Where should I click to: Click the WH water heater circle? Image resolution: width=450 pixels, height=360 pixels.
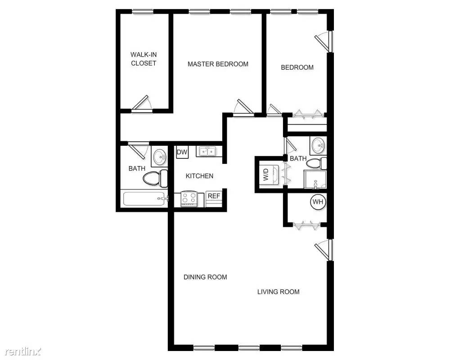click(318, 202)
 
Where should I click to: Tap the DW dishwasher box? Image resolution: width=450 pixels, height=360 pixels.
click(182, 153)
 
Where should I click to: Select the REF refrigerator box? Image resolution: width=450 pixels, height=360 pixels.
click(214, 196)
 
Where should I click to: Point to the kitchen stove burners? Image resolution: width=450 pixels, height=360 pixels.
click(189, 198)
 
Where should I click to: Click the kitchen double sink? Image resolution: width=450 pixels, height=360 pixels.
click(207, 152)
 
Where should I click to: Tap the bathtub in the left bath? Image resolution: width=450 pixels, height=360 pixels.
click(143, 198)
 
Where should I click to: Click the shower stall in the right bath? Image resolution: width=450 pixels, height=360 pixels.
click(315, 179)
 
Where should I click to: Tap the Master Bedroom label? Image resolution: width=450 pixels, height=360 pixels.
click(218, 64)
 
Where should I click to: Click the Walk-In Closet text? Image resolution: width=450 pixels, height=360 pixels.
click(144, 59)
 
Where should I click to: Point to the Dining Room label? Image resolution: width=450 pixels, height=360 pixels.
click(205, 277)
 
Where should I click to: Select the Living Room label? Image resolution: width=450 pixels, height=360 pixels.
click(278, 292)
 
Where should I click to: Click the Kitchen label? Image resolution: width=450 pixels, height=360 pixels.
click(199, 176)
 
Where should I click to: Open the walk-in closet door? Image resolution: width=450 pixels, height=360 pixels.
click(143, 103)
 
